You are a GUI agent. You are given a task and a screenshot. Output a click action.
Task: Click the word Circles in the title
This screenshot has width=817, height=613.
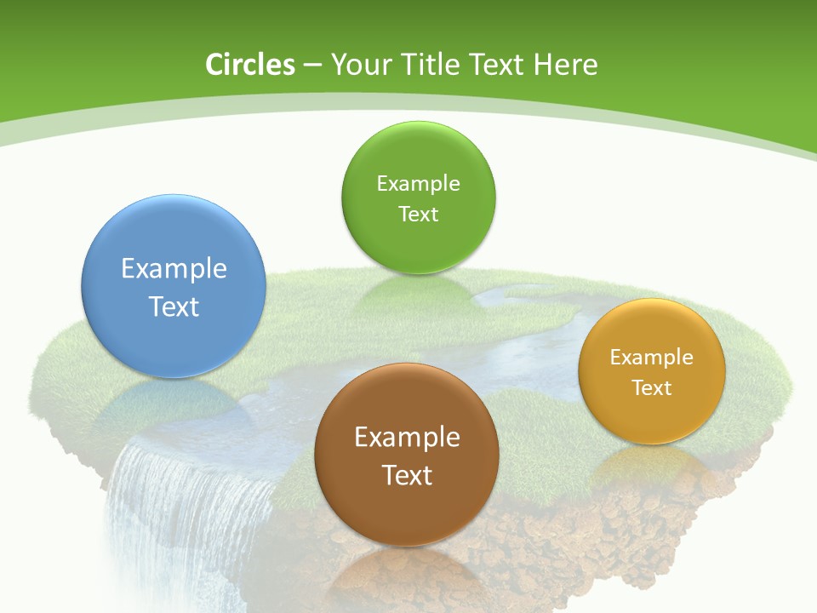point(250,65)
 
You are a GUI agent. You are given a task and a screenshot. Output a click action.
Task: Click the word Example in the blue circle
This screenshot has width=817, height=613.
point(174,269)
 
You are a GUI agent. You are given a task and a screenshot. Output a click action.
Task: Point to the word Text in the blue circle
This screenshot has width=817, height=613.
point(174,306)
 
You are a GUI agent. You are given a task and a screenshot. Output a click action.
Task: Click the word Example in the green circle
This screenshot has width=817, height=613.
point(418,184)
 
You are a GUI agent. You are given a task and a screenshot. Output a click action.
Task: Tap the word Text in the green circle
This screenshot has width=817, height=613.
point(418,215)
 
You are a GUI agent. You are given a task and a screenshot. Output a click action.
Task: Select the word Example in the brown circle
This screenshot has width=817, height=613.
point(407,438)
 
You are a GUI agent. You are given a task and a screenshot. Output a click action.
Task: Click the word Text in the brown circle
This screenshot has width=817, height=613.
point(407,475)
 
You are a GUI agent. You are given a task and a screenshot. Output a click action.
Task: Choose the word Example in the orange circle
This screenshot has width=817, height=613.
point(652,358)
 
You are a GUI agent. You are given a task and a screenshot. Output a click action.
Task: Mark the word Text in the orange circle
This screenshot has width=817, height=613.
point(652,388)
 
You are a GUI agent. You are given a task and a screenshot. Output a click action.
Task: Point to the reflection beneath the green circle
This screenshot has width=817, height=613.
point(415,294)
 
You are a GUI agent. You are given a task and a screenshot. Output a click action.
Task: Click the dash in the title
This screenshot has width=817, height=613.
point(312,66)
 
